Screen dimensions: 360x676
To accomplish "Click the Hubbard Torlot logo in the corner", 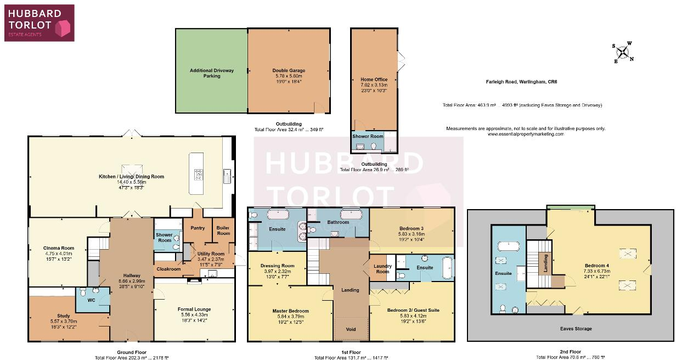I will (x=38, y=22).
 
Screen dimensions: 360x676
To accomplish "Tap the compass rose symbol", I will (x=623, y=52).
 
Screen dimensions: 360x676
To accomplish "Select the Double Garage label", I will (x=289, y=71).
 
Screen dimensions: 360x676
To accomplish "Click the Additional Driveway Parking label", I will (x=212, y=73).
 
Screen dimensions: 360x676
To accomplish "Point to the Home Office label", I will (x=374, y=80).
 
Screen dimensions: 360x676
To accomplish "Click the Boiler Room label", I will (x=223, y=230).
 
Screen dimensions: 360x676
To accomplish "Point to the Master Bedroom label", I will (x=291, y=311).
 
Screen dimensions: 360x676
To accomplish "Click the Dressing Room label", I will (x=277, y=266).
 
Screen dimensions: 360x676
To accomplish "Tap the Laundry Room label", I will (x=382, y=269).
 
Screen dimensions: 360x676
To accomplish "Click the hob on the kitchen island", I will (x=198, y=175).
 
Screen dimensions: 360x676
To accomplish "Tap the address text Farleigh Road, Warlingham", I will (x=521, y=82).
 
